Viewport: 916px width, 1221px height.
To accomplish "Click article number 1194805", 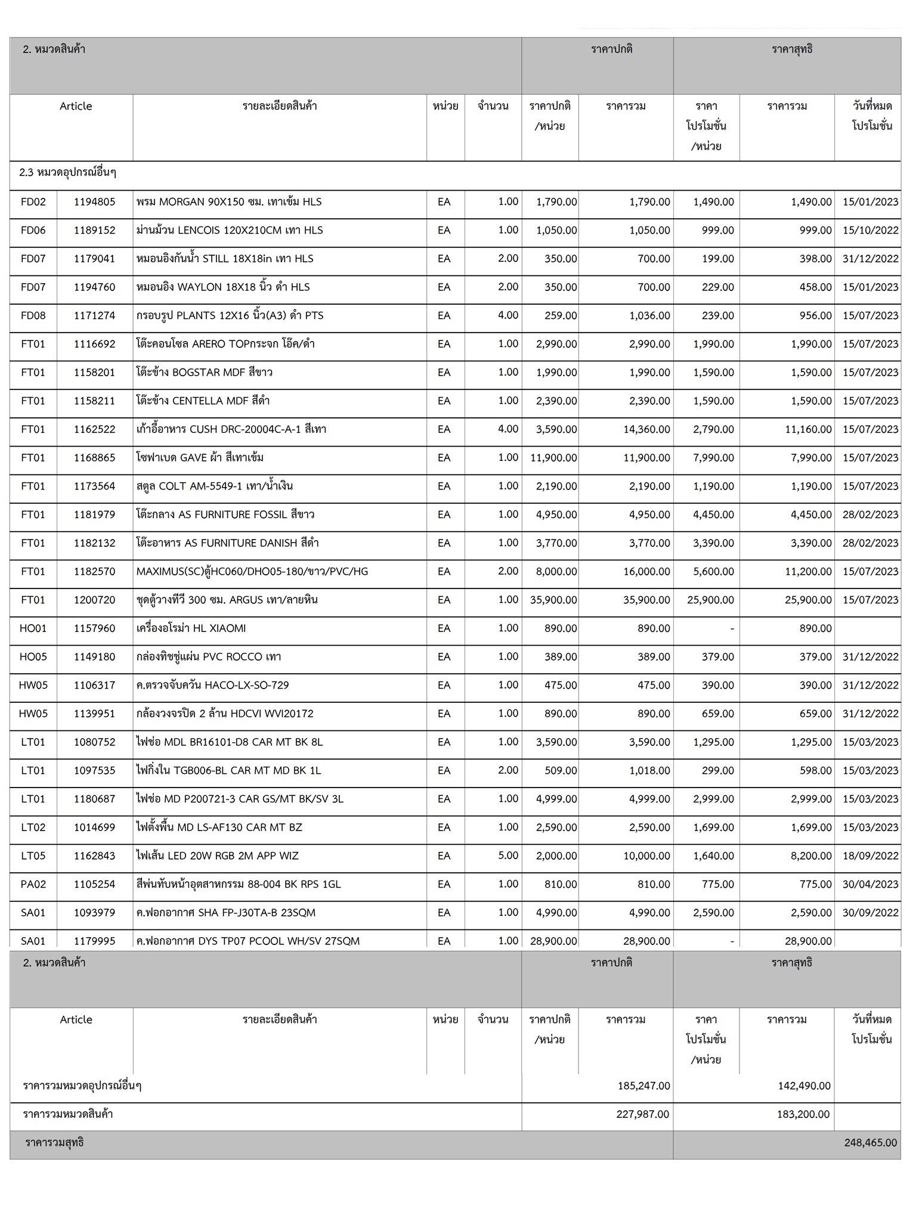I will (x=94, y=202).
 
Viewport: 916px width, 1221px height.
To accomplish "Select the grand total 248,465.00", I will (x=870, y=1142).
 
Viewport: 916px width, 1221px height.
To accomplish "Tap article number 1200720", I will (x=94, y=600).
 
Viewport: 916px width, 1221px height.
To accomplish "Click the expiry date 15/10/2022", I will (x=870, y=230).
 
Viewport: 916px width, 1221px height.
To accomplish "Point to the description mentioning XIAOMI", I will (x=191, y=628).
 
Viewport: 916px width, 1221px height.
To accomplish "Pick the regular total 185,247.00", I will (x=643, y=1086).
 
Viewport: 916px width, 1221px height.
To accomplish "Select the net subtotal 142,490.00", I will (x=804, y=1086).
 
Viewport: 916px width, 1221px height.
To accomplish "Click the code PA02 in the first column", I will (x=33, y=884).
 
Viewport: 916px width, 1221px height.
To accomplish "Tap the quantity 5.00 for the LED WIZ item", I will (x=508, y=856).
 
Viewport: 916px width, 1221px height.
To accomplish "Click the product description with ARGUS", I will (x=227, y=600).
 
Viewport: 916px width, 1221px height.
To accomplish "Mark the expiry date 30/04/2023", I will (x=870, y=884).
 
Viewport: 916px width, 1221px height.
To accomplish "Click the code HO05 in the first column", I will (x=33, y=657).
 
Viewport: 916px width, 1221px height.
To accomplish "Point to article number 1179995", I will (x=94, y=941).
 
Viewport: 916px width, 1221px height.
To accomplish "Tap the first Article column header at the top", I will (x=76, y=106).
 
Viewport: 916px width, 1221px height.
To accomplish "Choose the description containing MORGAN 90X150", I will (x=229, y=202).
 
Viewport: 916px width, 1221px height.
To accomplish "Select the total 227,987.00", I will (x=642, y=1114).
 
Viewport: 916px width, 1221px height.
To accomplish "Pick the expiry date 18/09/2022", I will (x=870, y=856).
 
